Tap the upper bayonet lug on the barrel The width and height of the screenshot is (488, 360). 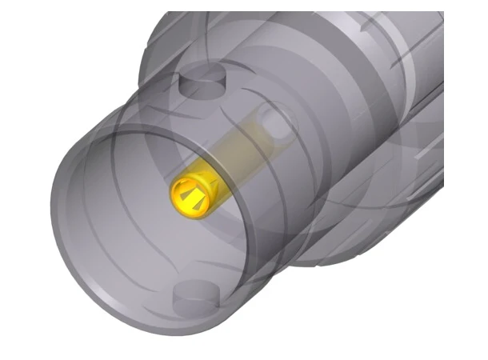click(x=200, y=81)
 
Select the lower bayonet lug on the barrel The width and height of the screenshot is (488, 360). click(x=195, y=296)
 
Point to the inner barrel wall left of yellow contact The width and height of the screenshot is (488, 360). click(x=112, y=200)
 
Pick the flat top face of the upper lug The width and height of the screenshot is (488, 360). click(x=200, y=77)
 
